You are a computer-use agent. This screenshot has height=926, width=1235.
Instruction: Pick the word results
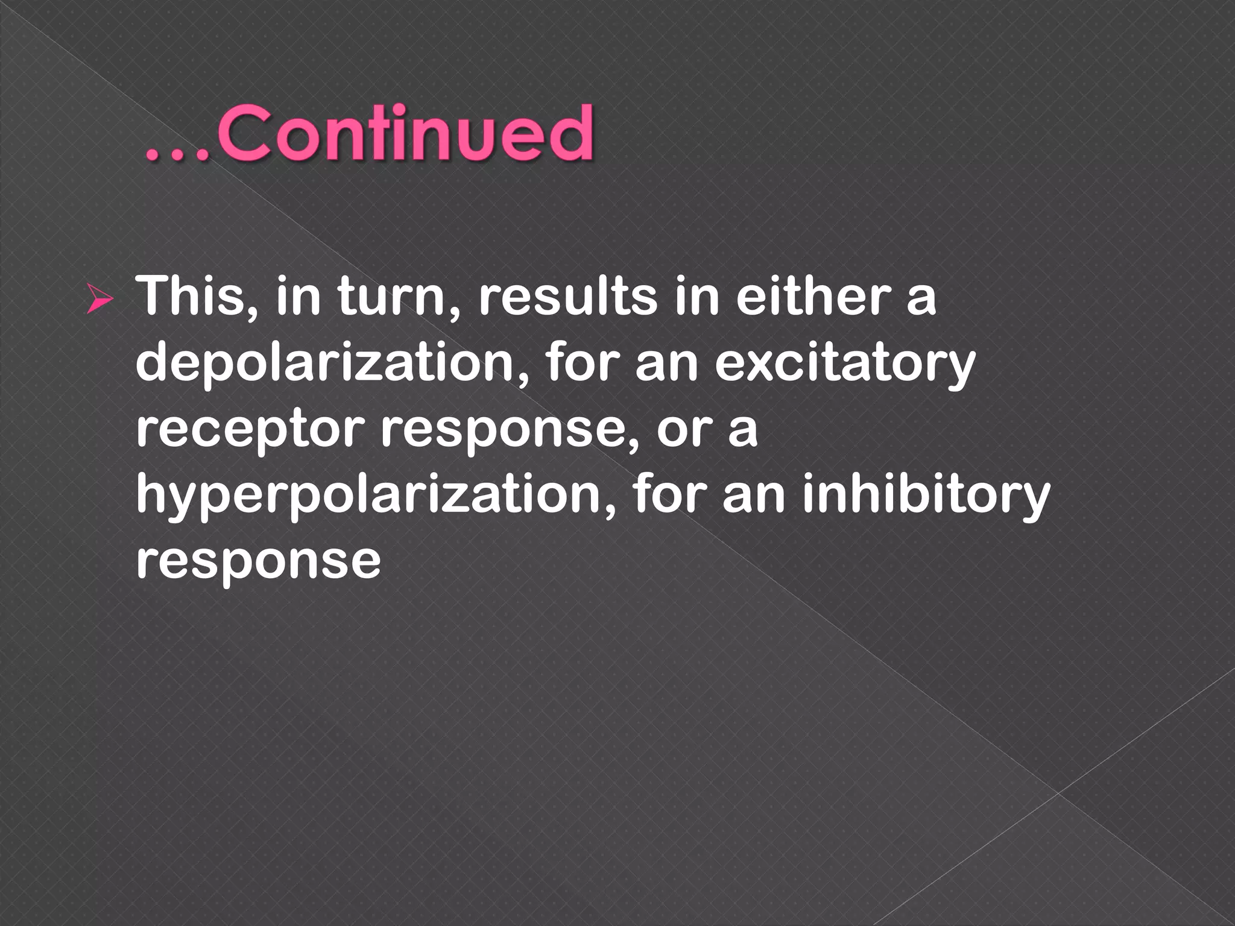tap(567, 297)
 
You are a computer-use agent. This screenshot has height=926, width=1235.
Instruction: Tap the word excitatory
tap(845, 364)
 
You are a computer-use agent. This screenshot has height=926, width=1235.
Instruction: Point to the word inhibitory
tap(926, 497)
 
